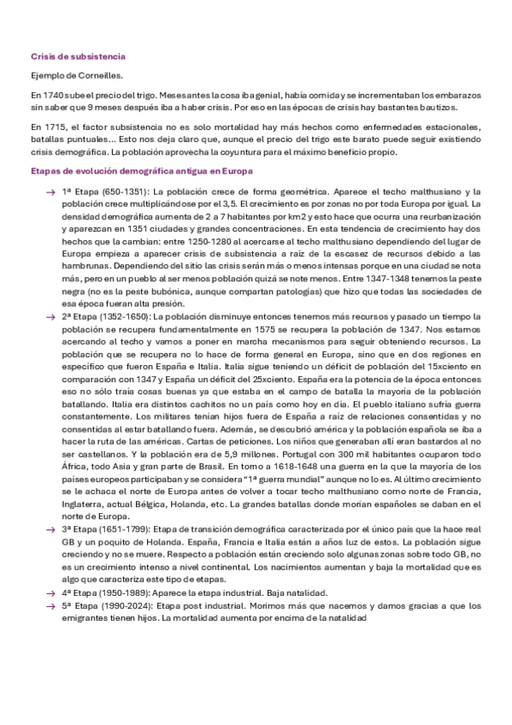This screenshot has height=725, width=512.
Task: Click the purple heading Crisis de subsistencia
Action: [x=77, y=56]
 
